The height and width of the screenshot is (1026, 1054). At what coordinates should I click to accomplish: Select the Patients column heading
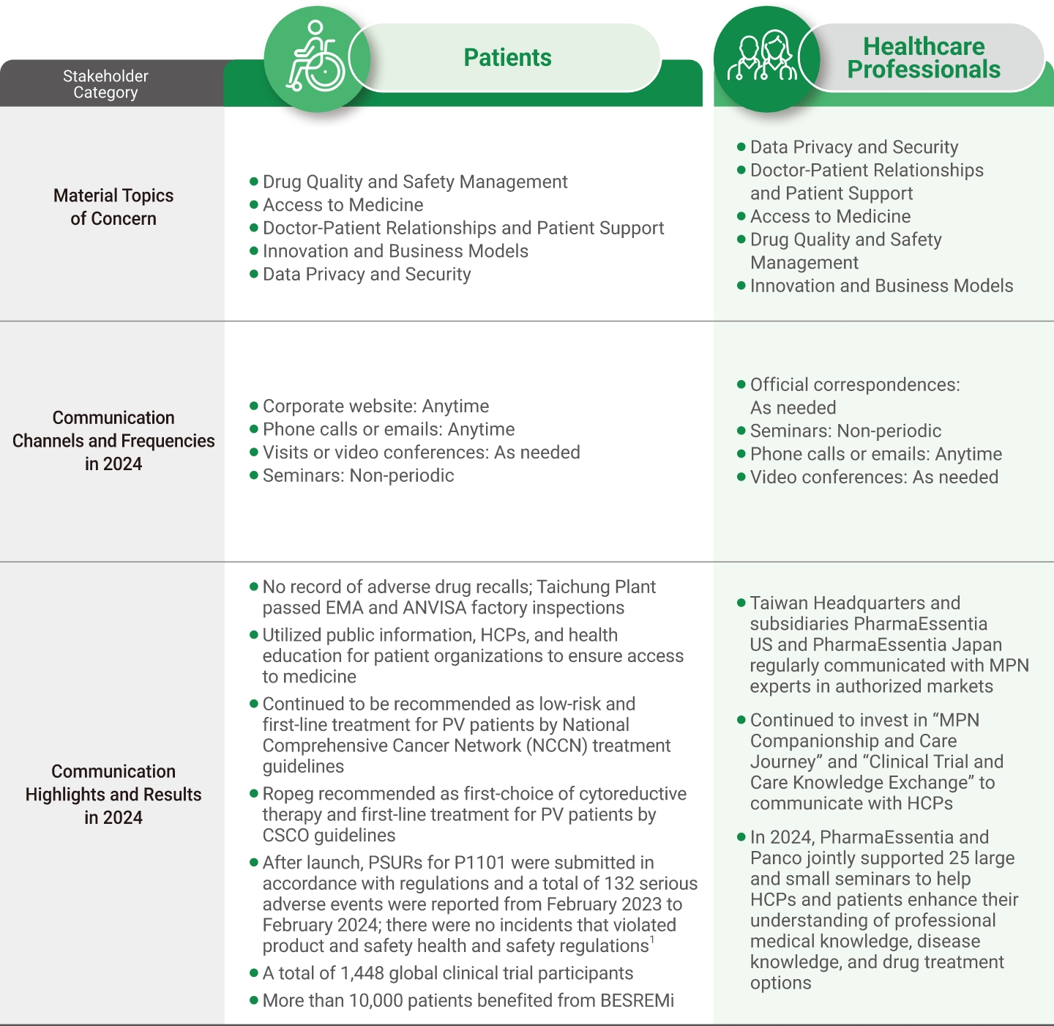pos(507,58)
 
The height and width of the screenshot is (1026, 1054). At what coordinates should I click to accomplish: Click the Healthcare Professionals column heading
pos(924,58)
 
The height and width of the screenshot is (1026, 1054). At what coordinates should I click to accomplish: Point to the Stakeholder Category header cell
pos(105,84)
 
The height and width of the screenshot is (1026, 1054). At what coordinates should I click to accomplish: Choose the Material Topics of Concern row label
pos(113,207)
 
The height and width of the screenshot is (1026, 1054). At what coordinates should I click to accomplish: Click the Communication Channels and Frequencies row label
pos(113,441)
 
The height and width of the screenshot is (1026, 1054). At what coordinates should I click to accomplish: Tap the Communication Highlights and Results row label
pos(113,795)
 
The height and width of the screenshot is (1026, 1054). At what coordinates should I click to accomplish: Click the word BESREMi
pos(637,1001)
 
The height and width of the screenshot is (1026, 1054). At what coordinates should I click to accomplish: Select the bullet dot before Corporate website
pos(254,406)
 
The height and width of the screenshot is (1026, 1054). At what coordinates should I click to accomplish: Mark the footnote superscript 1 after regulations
pos(652,941)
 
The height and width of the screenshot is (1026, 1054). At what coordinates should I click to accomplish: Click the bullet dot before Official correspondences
pos(741,384)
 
